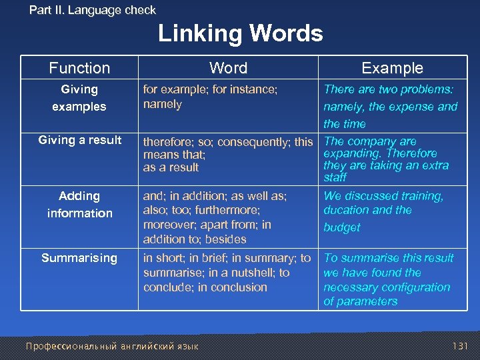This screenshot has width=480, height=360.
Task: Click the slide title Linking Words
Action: point(240,33)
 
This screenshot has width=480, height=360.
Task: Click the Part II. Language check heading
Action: point(93,10)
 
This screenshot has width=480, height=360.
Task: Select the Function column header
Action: point(79,68)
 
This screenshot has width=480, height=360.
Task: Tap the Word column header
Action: point(228,68)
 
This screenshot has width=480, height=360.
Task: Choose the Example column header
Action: point(392,68)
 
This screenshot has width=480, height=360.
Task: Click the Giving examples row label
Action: point(79,98)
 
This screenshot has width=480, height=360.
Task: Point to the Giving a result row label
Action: point(80,140)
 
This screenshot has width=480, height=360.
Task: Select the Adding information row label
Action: point(79,205)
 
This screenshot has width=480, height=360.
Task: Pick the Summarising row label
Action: point(79,258)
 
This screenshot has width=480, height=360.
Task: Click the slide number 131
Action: point(460,346)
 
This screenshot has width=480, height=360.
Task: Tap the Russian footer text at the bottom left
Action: point(111,346)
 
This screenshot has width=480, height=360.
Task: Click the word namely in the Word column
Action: point(163,104)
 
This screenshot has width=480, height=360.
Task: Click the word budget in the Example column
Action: point(342,227)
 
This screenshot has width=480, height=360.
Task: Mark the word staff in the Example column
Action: point(335,177)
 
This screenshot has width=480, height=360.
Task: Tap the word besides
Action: point(226,239)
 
